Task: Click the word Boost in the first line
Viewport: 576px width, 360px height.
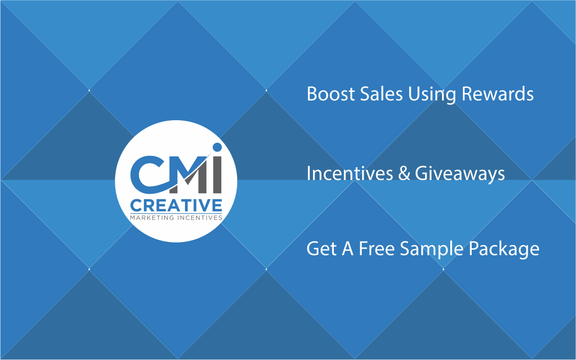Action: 331,94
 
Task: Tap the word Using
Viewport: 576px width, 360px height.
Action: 432,95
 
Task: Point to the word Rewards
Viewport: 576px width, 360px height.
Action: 497,94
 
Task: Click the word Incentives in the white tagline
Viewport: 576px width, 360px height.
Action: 350,173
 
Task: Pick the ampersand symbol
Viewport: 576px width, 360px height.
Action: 404,173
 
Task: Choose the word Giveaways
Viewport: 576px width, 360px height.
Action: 460,174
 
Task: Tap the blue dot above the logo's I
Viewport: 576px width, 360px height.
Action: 217,147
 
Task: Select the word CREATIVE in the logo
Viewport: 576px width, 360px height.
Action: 176,205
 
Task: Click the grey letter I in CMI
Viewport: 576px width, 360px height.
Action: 217,175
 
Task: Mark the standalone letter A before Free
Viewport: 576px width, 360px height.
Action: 348,249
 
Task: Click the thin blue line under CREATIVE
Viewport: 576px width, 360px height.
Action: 176,213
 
